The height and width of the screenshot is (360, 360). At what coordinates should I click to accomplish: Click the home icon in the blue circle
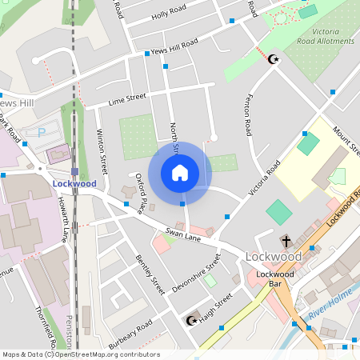pos(180,172)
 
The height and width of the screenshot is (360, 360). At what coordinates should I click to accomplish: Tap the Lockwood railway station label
pos(74,183)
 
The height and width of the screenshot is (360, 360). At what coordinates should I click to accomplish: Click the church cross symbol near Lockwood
pos(286,240)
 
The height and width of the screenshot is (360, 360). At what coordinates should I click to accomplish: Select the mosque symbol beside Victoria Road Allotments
pos(275,58)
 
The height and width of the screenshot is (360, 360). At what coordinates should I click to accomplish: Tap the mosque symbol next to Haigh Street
pos(191,321)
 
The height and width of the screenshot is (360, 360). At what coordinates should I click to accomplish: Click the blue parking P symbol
pos(42,131)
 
